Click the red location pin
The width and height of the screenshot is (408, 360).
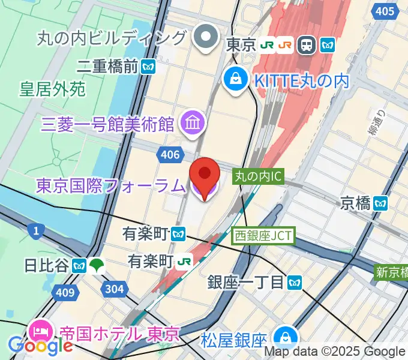coord(204,175)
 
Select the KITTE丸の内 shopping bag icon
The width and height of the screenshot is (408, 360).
coord(236,79)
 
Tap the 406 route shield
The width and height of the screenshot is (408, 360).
coord(170,156)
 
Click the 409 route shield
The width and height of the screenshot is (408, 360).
coord(67,293)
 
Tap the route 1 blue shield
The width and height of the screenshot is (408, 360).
coord(37,229)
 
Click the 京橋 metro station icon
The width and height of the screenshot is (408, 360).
coord(380,203)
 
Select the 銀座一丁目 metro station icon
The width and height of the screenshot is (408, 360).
coord(294,281)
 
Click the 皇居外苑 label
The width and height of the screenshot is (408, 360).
coord(52,90)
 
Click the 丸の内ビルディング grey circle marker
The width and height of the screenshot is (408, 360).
coord(206,38)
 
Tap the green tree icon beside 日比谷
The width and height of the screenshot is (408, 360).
coord(97,265)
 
